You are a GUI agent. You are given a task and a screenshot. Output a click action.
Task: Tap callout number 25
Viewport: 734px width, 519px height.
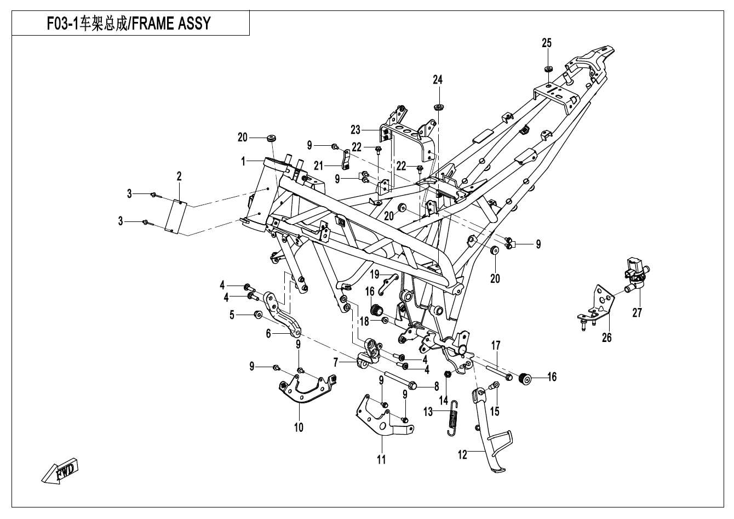click(x=547, y=43)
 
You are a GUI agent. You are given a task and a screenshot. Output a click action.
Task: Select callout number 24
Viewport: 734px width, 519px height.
click(x=437, y=80)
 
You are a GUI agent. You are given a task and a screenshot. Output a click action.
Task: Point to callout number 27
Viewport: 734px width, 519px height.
click(x=637, y=313)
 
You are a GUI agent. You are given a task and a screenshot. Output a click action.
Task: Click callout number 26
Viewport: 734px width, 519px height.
click(x=606, y=338)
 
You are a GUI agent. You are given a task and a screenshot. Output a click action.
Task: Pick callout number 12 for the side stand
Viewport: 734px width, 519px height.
click(x=463, y=454)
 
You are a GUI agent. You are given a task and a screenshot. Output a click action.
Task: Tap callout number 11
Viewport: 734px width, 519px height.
click(x=381, y=459)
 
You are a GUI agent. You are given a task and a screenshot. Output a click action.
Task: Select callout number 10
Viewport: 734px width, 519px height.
click(x=299, y=427)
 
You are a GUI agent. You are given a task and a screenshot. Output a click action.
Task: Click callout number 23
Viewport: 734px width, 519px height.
click(x=356, y=130)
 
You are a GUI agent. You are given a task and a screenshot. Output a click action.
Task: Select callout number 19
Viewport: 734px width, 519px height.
click(x=375, y=273)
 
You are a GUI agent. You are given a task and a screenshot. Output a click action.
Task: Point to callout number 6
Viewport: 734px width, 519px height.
click(x=268, y=333)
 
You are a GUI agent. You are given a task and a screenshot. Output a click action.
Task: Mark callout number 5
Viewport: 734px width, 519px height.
click(x=232, y=315)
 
